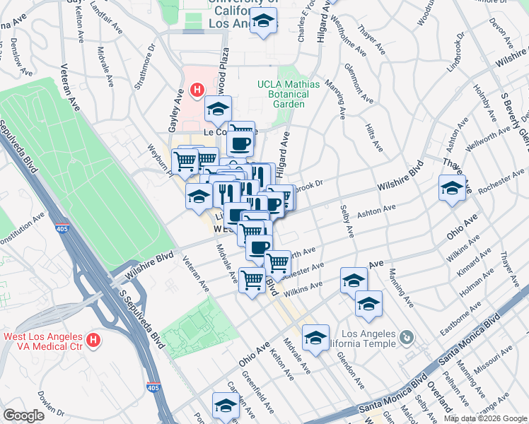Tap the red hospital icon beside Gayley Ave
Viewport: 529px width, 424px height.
pos(197,90)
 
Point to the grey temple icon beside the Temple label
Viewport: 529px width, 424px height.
pos(406,338)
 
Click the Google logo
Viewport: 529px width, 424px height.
pos(24,416)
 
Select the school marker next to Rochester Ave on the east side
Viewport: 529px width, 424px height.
pos(451,188)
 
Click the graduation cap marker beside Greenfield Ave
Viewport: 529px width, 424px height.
pos(226,406)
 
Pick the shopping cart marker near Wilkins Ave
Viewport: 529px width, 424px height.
pos(252,280)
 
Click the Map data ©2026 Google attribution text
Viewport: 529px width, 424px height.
pos(484,418)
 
